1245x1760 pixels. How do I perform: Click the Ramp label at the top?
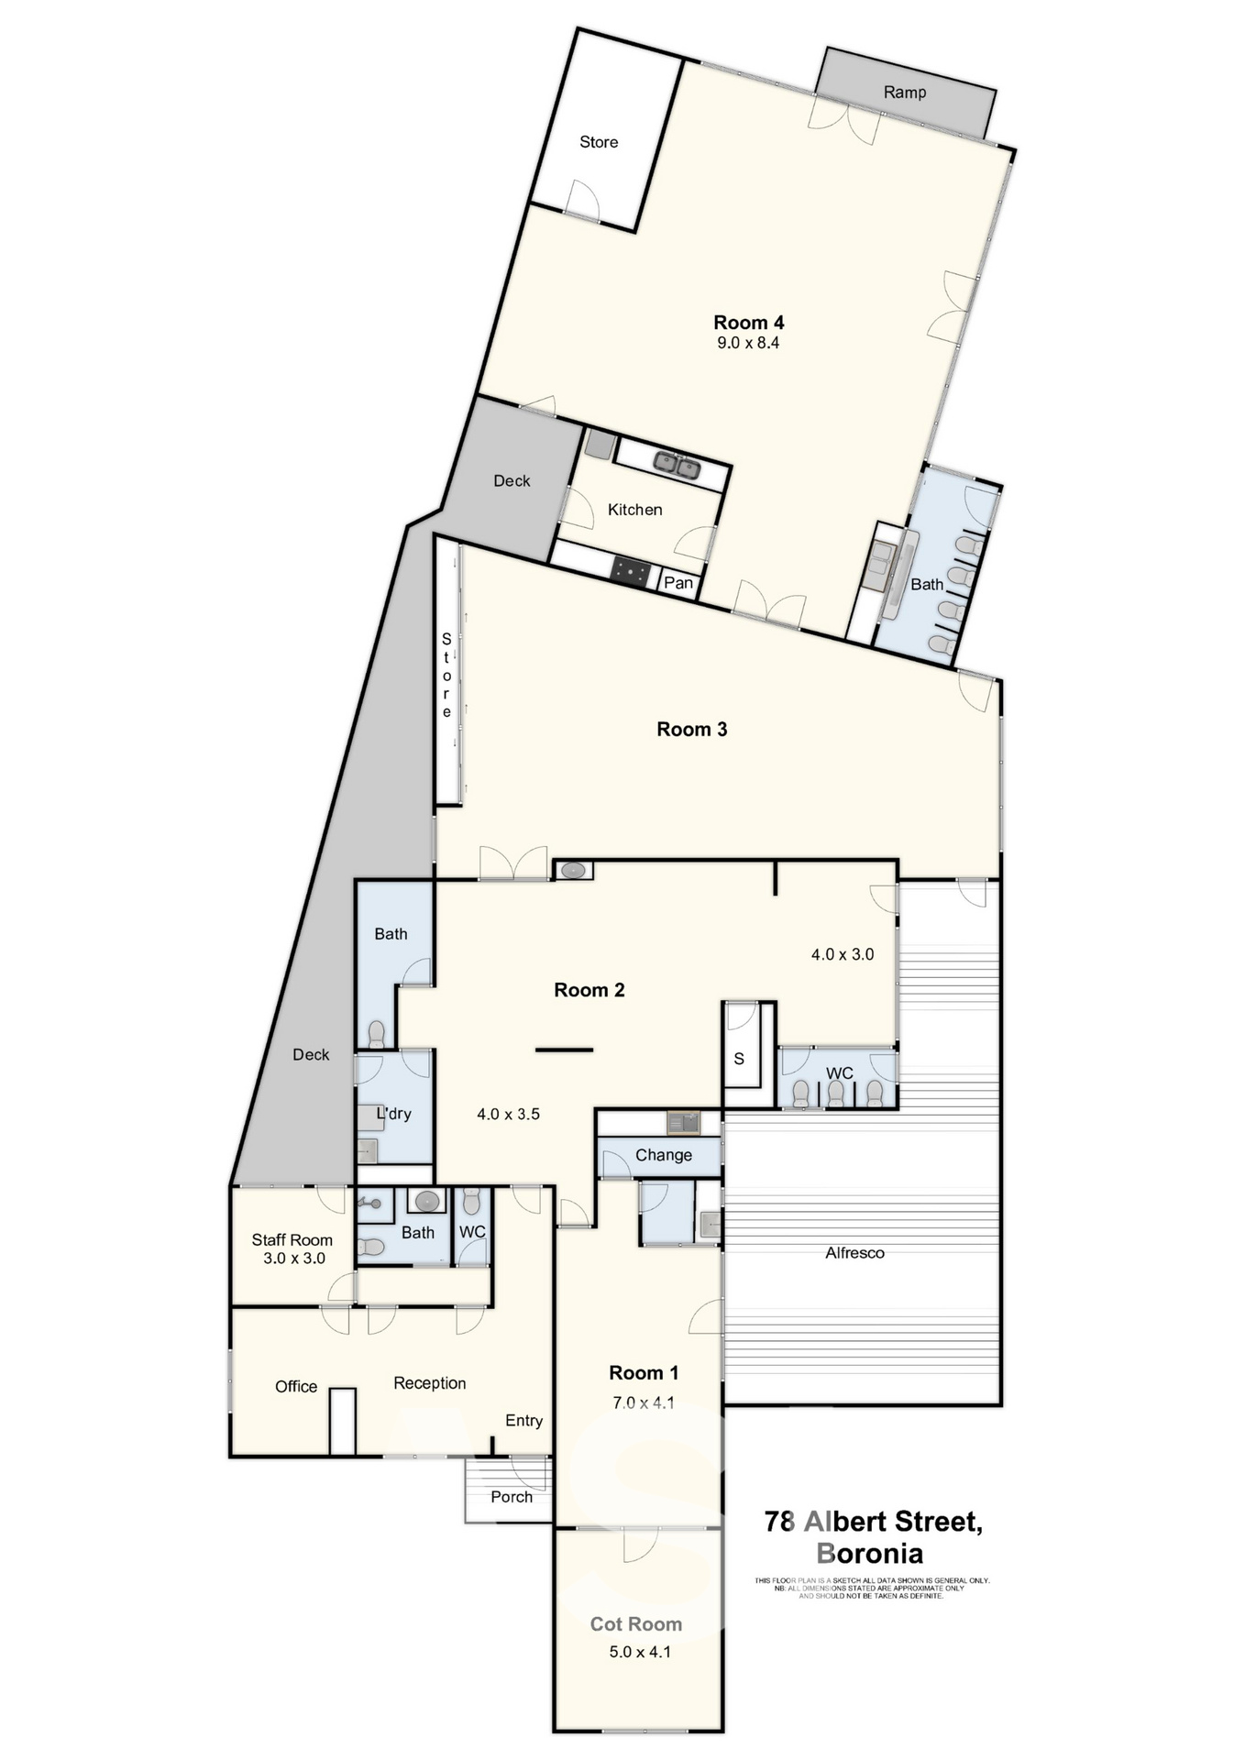pyautogui.click(x=904, y=93)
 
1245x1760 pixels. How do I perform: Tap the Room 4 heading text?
pyautogui.click(x=748, y=323)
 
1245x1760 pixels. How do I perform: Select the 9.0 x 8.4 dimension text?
pyautogui.click(x=748, y=343)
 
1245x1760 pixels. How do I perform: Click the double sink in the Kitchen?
pyautogui.click(x=677, y=466)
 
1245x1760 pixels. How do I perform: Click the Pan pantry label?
pyautogui.click(x=678, y=583)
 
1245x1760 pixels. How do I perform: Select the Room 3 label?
pyautogui.click(x=691, y=730)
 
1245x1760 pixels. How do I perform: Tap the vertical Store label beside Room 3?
pyautogui.click(x=446, y=675)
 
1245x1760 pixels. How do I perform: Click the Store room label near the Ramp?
pyautogui.click(x=599, y=142)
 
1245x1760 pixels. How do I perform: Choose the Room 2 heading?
pyautogui.click(x=589, y=990)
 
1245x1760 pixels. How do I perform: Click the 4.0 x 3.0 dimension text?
pyautogui.click(x=842, y=954)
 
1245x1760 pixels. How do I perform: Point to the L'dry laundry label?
pyautogui.click(x=394, y=1114)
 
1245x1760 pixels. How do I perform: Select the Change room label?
pyautogui.click(x=663, y=1155)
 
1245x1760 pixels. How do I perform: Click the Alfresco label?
pyautogui.click(x=854, y=1253)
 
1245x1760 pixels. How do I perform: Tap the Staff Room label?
pyautogui.click(x=292, y=1240)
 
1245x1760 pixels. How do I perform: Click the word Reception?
pyautogui.click(x=429, y=1383)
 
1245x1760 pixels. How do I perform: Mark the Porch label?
pyautogui.click(x=512, y=1497)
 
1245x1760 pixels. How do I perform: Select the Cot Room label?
pyautogui.click(x=635, y=1624)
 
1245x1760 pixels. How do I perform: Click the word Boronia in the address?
pyautogui.click(x=869, y=1554)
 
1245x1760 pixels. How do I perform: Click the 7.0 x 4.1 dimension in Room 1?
pyautogui.click(x=643, y=1402)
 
